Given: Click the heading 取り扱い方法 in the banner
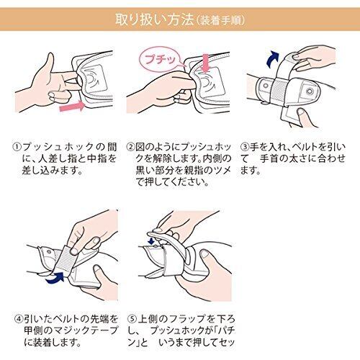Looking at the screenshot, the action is pos(155,19).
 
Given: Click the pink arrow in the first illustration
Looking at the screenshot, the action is pos(72,106).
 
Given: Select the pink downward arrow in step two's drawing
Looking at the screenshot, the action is pos(206,63).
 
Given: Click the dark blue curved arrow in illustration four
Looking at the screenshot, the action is pos(55,278).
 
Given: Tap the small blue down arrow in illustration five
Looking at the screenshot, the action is pos(151,241).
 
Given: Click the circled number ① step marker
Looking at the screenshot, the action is pos(17,147).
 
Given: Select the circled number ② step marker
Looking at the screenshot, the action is pos(130,147).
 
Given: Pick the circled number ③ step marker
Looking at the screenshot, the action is pos(245,147).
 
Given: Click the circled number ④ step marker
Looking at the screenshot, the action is pos(19,319).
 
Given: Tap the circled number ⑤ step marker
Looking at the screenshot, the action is pos(132,319).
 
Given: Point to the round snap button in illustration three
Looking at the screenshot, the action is pos(310,91).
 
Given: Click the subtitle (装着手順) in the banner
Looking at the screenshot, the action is pos(220,21).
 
